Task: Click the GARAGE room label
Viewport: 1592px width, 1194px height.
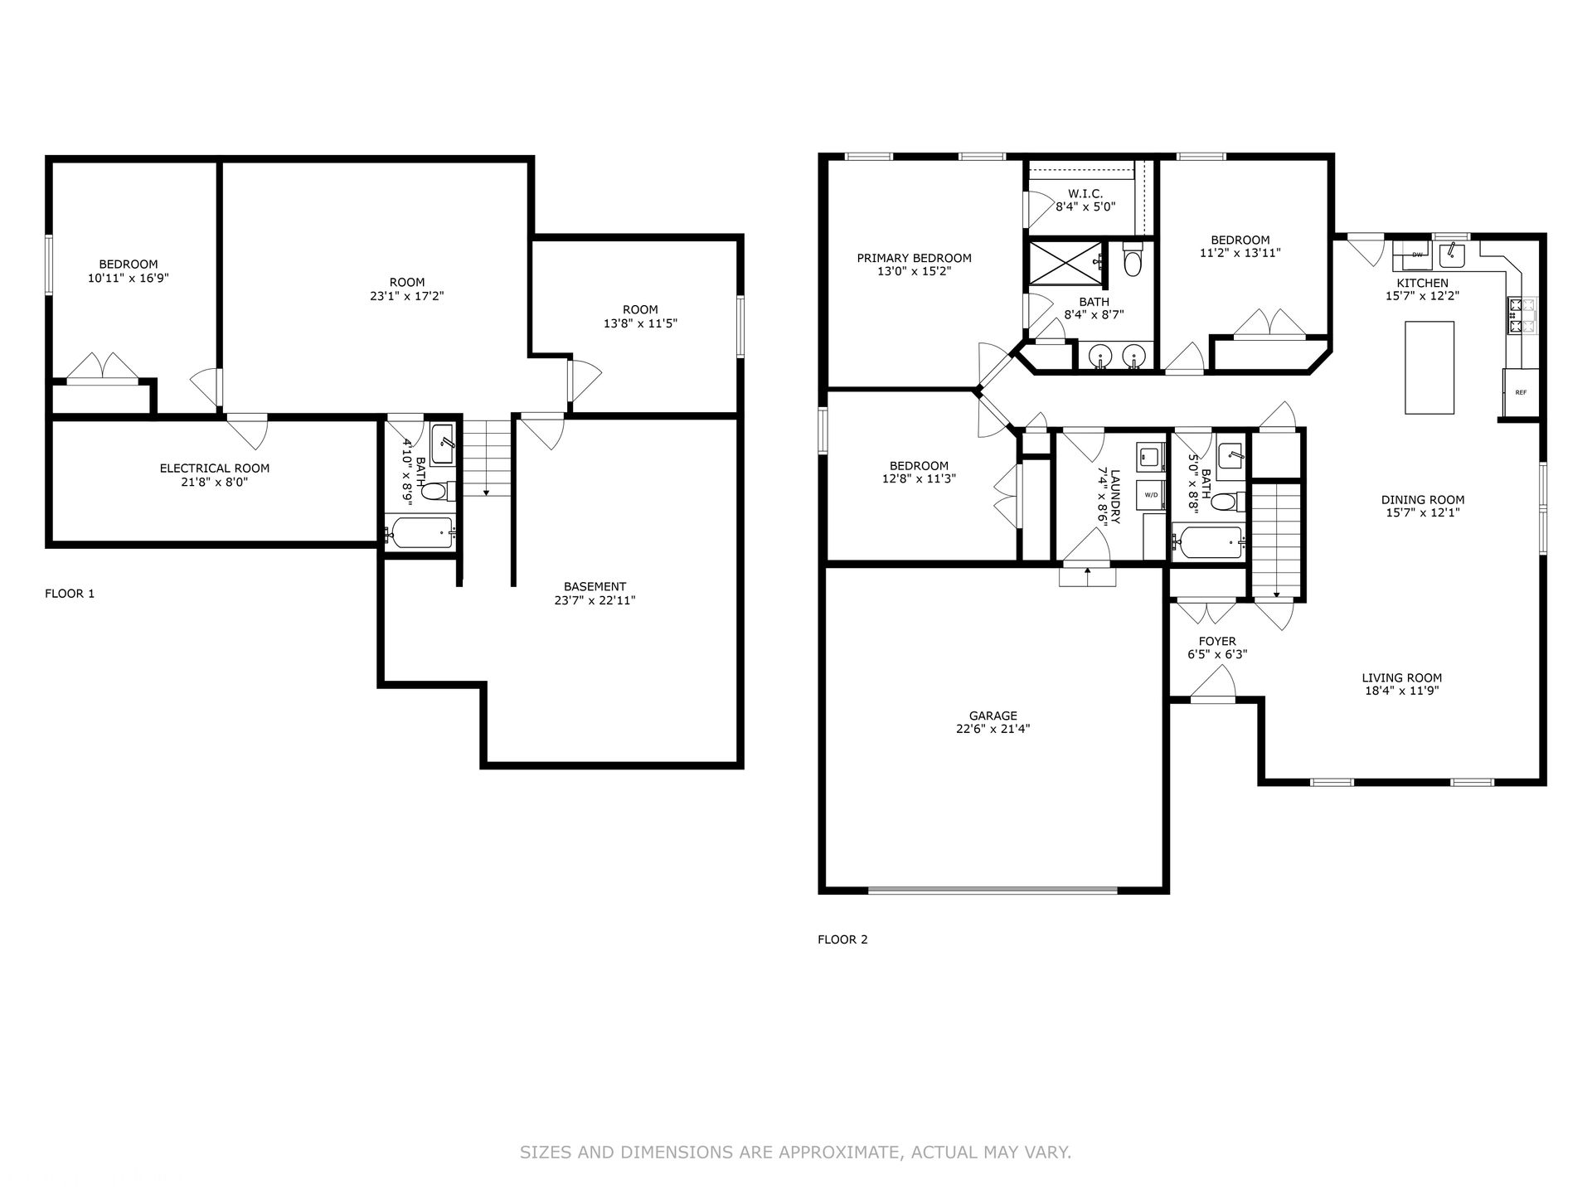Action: [993, 716]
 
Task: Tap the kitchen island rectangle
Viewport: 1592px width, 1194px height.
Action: [1429, 367]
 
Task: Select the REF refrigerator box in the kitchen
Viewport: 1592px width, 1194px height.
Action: [1521, 392]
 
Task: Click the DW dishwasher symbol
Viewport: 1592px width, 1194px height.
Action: [1417, 255]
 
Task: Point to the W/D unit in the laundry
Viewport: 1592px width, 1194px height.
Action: [1152, 495]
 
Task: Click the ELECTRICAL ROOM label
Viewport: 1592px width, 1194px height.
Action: [215, 468]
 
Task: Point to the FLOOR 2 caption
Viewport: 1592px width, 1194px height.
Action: [842, 939]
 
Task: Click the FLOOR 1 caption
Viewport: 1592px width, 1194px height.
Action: [70, 594]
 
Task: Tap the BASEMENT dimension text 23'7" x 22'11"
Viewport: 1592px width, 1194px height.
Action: [595, 600]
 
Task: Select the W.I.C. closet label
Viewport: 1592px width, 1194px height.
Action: [1085, 193]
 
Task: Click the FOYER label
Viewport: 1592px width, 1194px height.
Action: [1217, 641]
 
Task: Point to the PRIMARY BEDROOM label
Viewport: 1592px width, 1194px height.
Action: [914, 258]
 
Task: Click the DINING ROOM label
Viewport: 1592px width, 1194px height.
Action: [1423, 500]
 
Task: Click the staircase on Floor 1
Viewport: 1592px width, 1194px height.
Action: [486, 459]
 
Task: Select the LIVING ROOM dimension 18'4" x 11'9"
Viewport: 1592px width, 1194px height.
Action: [1401, 691]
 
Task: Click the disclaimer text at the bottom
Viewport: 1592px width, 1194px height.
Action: [795, 1153]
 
